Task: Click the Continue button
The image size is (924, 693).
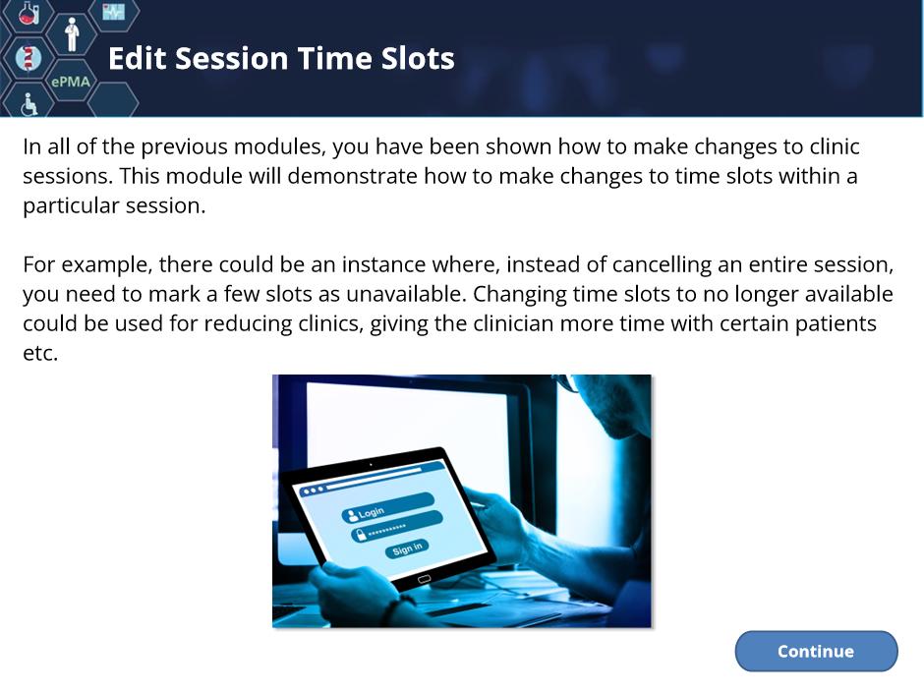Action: (816, 651)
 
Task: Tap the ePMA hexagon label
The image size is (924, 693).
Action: (71, 82)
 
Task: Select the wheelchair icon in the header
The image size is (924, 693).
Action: (29, 104)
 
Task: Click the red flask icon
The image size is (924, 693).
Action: (29, 13)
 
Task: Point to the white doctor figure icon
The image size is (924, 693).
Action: (72, 34)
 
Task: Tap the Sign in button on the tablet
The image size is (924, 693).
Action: (407, 549)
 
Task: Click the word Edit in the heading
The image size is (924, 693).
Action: (139, 58)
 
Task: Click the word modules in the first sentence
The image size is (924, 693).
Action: (279, 146)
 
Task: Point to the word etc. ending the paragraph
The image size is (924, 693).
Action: (40, 352)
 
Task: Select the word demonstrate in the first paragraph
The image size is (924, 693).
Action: (352, 176)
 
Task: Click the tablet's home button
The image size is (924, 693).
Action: (425, 579)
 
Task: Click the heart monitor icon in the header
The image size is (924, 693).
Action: (113, 11)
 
